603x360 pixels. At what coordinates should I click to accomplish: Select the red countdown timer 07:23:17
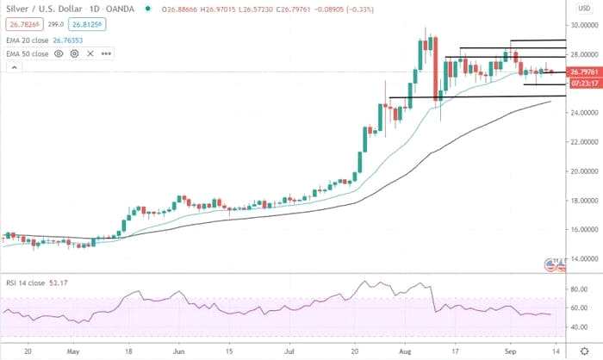tap(582, 84)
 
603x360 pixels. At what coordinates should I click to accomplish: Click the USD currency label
tap(584, 7)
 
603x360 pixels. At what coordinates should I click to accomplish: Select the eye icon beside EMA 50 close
tap(59, 53)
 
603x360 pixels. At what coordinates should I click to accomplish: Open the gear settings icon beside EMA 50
tap(74, 53)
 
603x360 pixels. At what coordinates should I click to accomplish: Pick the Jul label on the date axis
tap(291, 351)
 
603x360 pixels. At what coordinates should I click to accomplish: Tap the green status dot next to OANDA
tap(148, 9)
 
